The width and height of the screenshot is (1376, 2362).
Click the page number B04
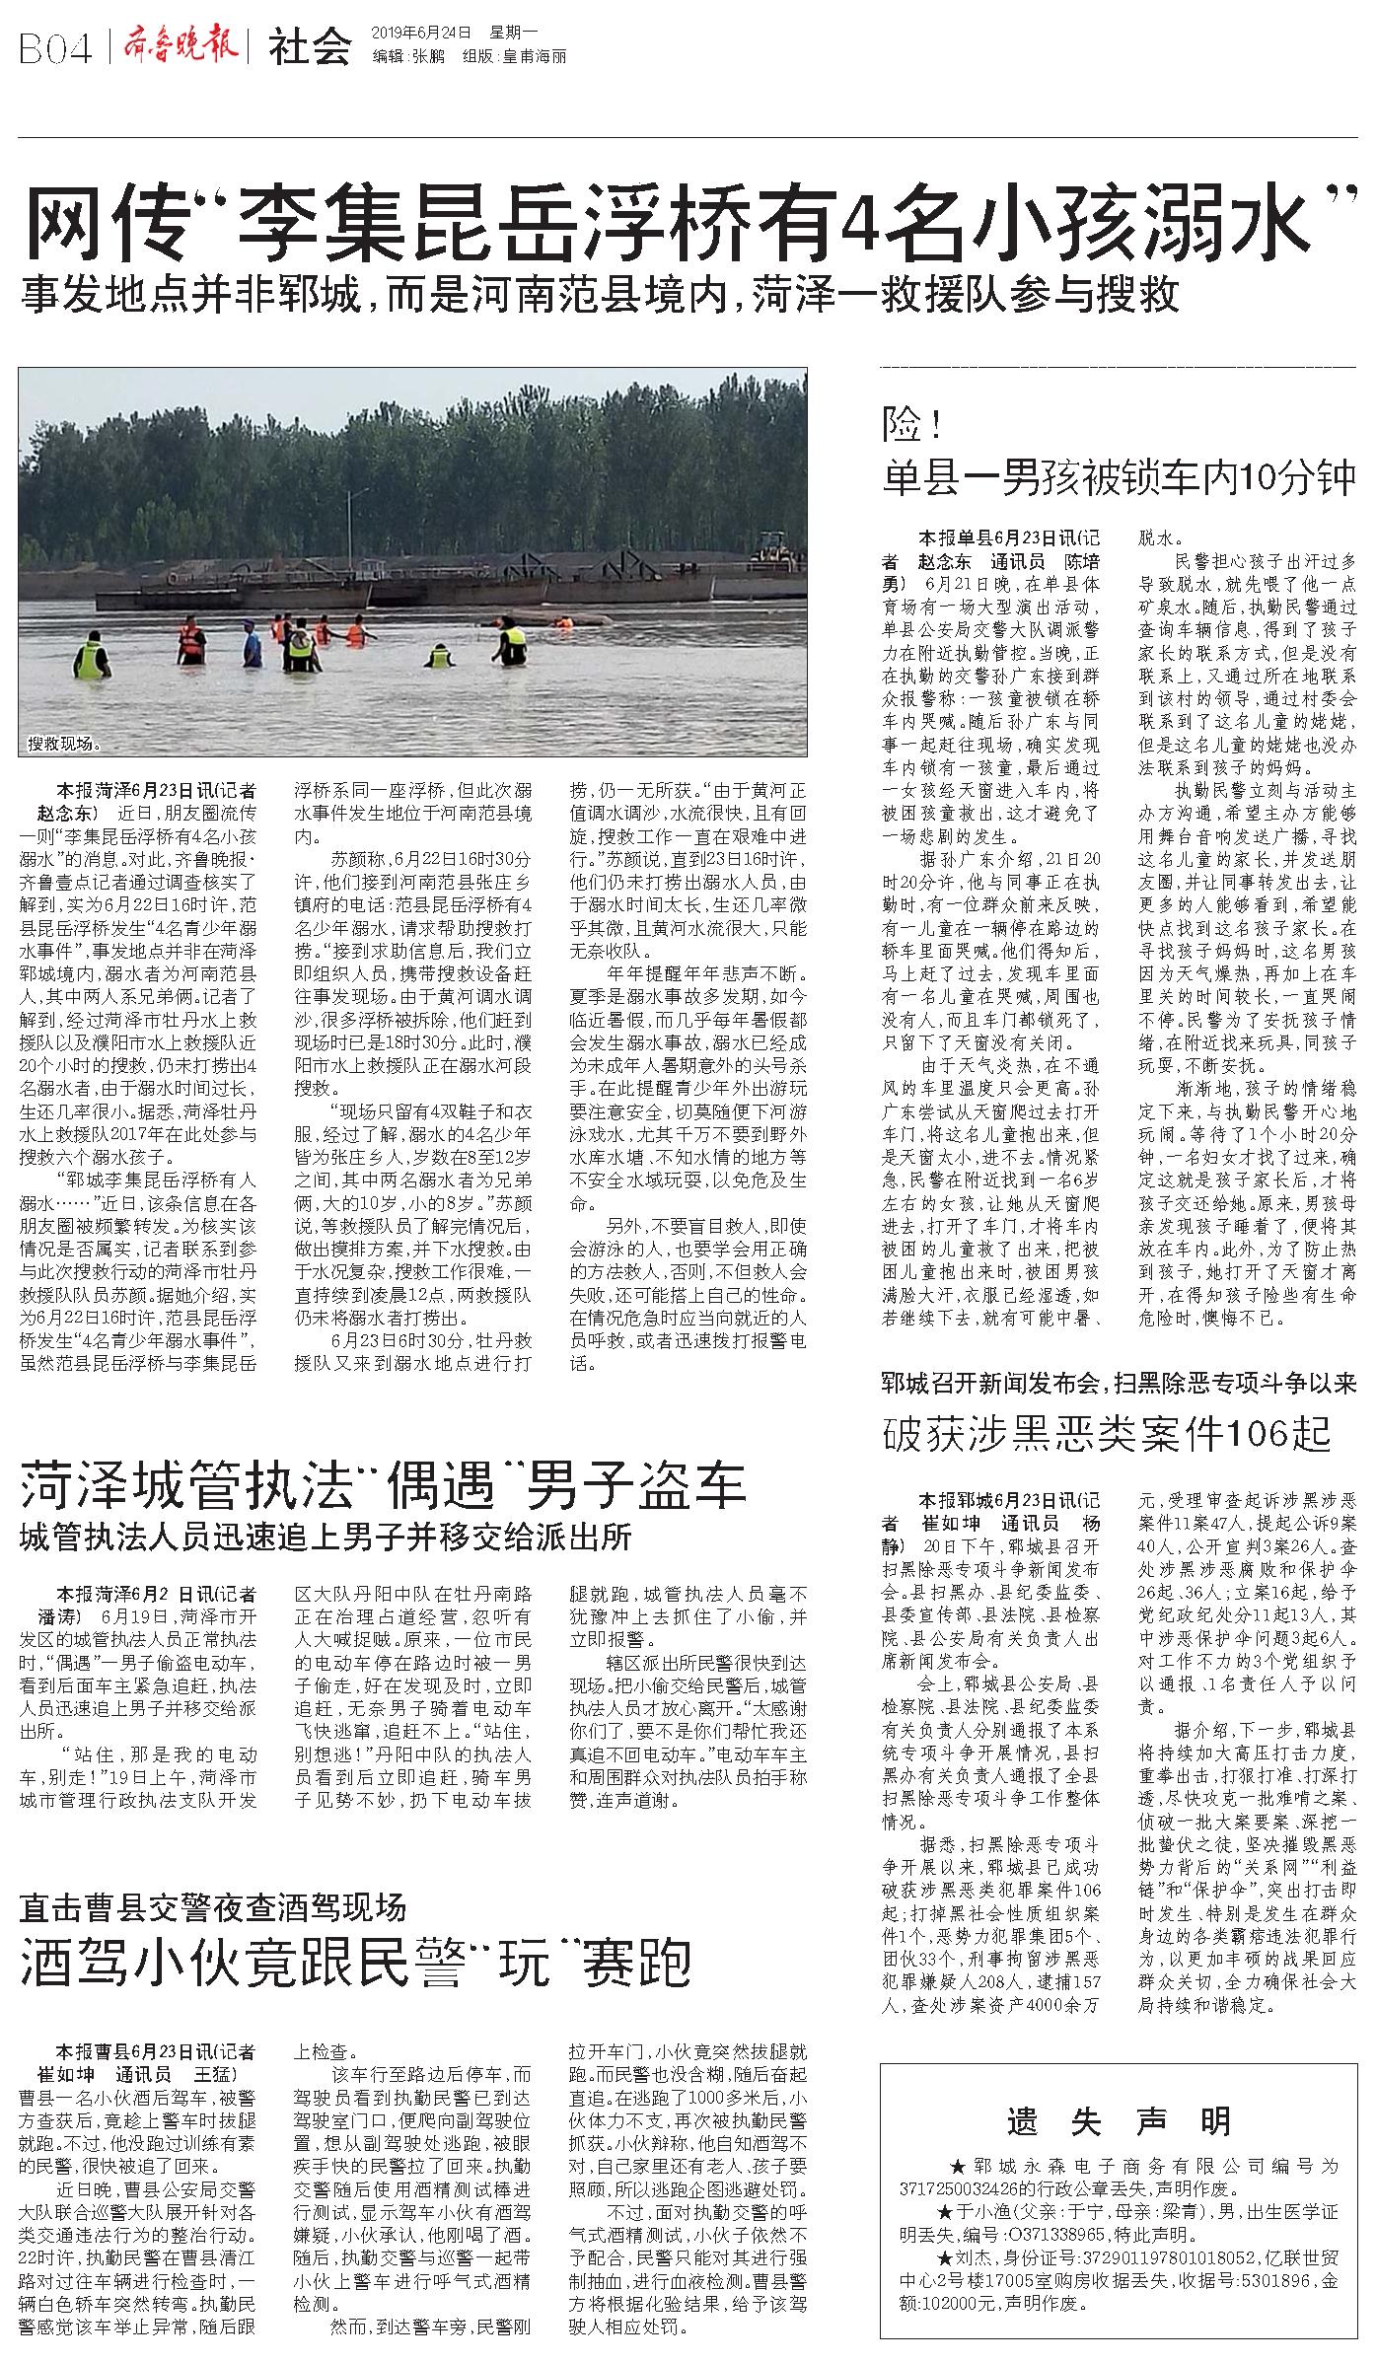(x=54, y=47)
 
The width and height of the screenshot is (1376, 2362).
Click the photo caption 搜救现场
(x=64, y=743)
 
